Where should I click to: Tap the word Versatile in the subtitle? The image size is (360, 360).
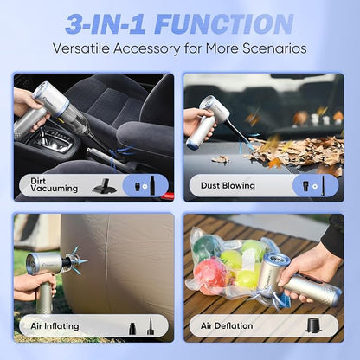coord(81,48)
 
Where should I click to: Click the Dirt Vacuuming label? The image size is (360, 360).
coord(55,185)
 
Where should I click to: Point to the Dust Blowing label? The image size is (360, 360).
coord(228,185)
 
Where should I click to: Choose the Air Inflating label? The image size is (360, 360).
coord(55,326)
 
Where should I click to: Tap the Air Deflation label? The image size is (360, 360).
coord(227,325)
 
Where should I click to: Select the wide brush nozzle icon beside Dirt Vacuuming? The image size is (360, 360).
coord(105,186)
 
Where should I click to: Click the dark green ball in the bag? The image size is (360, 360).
coord(204,247)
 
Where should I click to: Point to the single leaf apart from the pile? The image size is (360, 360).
coord(221,159)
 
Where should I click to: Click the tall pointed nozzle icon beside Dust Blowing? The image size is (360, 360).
coord(324,185)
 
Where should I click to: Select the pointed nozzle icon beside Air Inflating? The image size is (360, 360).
coord(150,326)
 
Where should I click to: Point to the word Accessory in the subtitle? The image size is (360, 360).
coord(146,48)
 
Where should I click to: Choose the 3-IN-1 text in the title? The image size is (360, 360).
coord(106,24)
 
